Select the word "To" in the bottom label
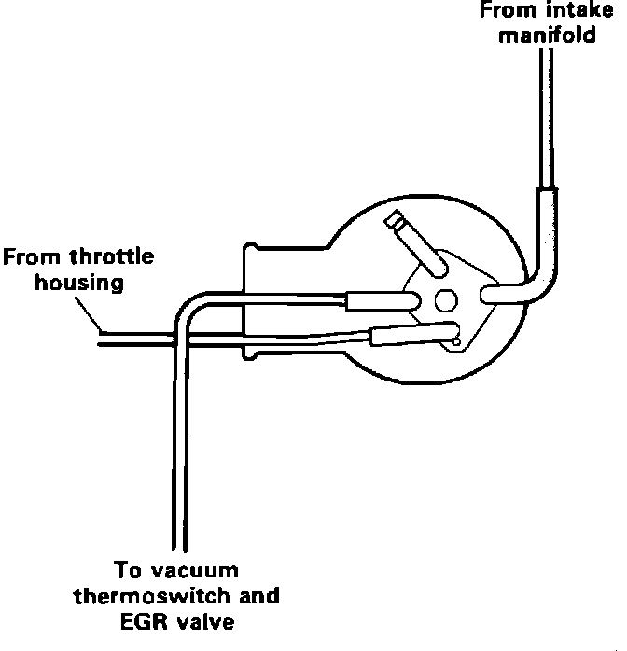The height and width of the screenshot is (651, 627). pyautogui.click(x=127, y=570)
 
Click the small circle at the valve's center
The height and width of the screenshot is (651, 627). pyautogui.click(x=446, y=300)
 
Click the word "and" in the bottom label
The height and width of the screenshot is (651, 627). pyautogui.click(x=258, y=595)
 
